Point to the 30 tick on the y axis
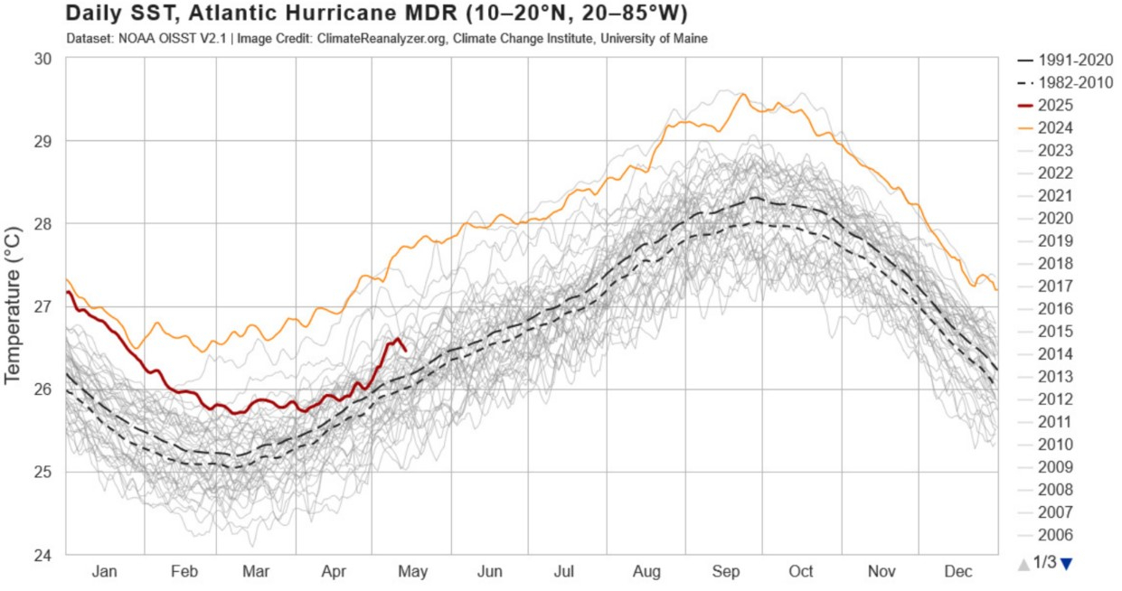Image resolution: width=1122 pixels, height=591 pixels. (x=43, y=58)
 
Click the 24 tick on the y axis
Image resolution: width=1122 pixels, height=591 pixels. (x=43, y=555)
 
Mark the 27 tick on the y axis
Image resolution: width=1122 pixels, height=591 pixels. (x=43, y=306)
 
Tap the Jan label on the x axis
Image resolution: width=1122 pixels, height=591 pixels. (x=105, y=571)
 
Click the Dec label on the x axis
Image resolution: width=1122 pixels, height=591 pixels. (x=958, y=571)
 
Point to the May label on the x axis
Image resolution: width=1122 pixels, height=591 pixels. (x=412, y=571)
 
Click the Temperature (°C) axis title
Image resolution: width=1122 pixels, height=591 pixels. (x=14, y=305)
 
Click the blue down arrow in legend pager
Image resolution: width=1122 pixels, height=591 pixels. (x=1066, y=564)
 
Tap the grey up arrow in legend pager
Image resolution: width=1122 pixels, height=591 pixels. (x=1023, y=564)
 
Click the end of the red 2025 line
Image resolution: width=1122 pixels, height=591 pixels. (x=405, y=351)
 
